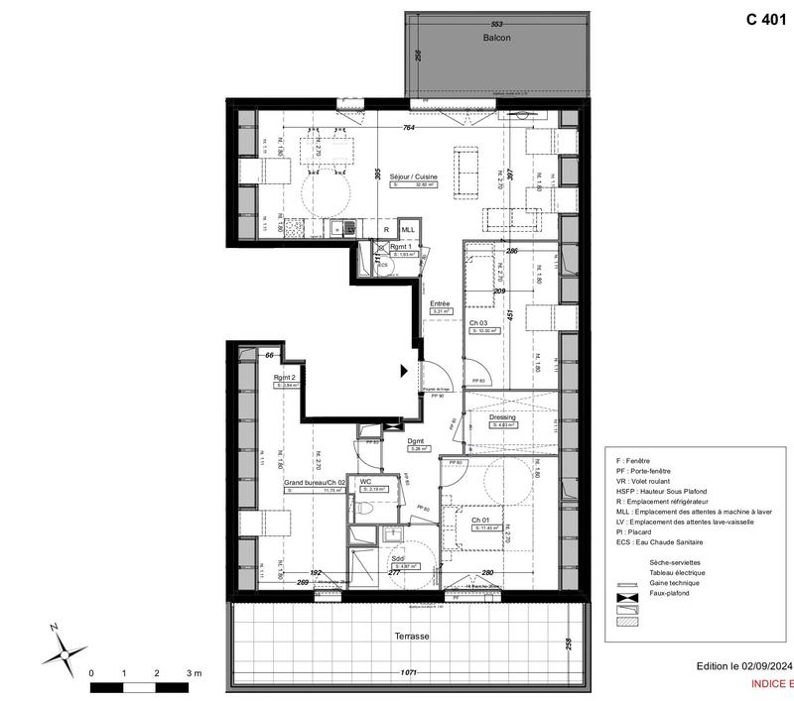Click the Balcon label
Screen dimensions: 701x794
point(496,38)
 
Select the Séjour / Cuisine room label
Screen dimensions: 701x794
point(413,175)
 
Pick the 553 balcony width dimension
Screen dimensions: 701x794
point(498,23)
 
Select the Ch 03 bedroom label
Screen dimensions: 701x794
point(479,323)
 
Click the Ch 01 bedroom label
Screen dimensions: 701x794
point(480,520)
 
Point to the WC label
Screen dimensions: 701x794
point(365,481)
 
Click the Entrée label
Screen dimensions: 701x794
point(440,303)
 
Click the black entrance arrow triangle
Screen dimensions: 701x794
point(403,371)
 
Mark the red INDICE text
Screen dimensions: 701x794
point(768,684)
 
